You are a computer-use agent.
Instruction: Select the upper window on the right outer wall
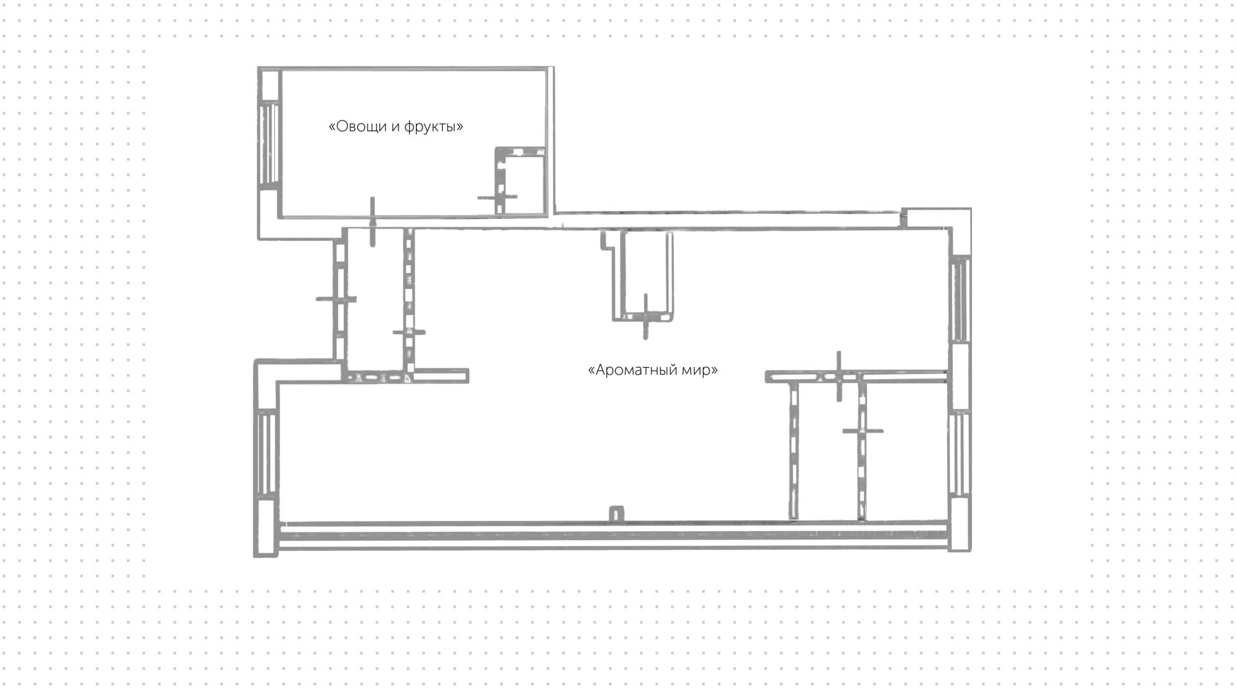pyautogui.click(x=960, y=299)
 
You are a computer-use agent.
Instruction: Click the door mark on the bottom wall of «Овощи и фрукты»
pyautogui.click(x=372, y=222)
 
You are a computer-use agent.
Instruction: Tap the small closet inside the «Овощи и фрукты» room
pyautogui.click(x=520, y=180)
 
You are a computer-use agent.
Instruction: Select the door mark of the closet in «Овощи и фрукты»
pyautogui.click(x=498, y=197)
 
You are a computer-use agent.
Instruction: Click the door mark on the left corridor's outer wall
pyautogui.click(x=336, y=299)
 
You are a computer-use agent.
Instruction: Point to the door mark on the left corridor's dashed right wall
pyautogui.click(x=409, y=333)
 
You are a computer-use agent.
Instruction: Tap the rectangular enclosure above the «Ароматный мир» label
pyautogui.click(x=643, y=275)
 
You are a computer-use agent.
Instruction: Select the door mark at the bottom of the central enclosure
pyautogui.click(x=646, y=316)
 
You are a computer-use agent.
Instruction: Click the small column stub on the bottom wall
pyautogui.click(x=616, y=514)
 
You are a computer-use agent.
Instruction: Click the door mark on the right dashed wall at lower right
pyautogui.click(x=863, y=431)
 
